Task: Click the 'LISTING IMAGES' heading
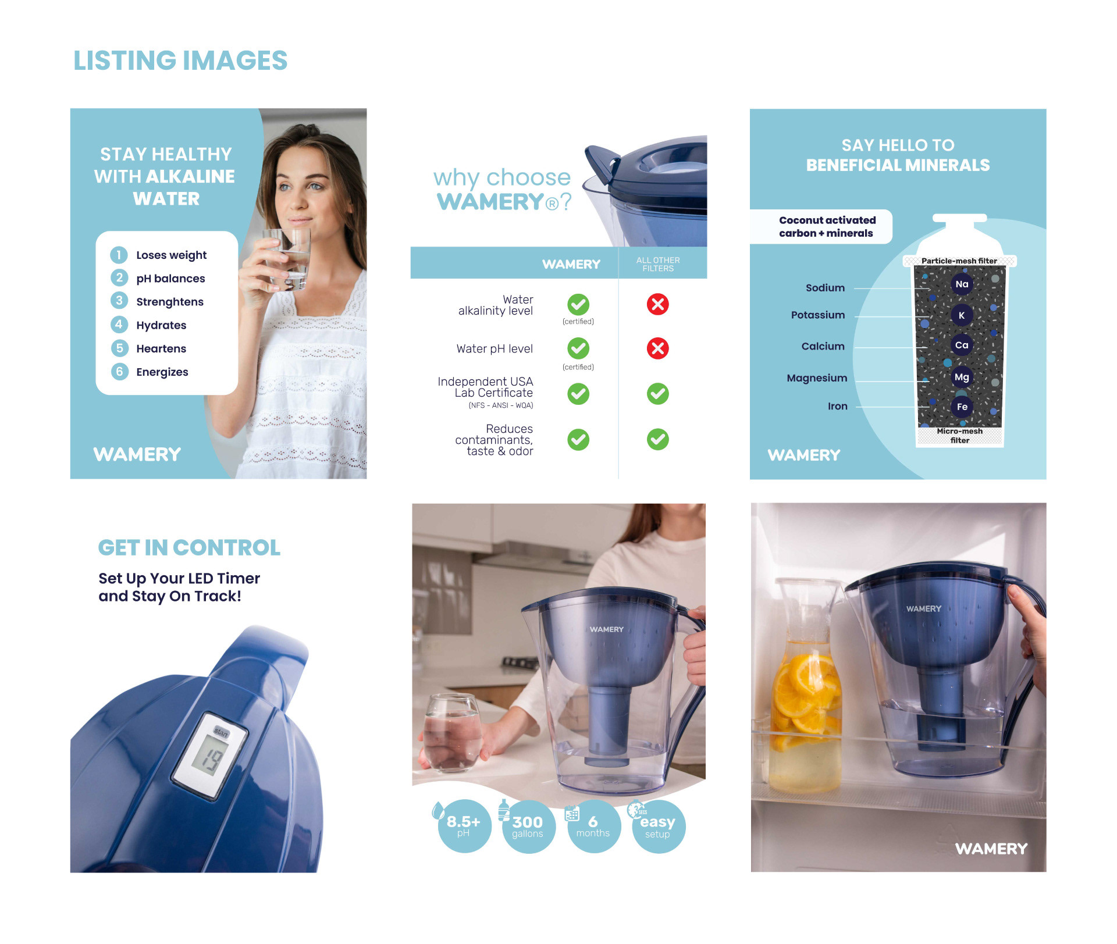tap(180, 60)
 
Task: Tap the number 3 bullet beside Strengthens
tap(119, 301)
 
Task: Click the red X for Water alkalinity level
tap(658, 304)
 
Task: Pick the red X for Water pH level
tap(658, 348)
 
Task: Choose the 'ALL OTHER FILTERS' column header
tap(658, 264)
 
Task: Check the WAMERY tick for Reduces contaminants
tap(578, 440)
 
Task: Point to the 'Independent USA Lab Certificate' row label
tap(485, 393)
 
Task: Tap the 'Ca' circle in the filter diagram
tap(962, 345)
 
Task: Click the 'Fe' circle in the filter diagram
tap(962, 407)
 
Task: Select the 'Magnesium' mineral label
tap(817, 378)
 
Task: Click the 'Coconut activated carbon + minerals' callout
tap(827, 227)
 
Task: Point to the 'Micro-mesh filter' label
tap(960, 436)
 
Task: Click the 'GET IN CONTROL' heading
tap(189, 547)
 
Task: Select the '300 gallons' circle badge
tap(528, 827)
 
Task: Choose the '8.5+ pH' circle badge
tap(464, 827)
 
